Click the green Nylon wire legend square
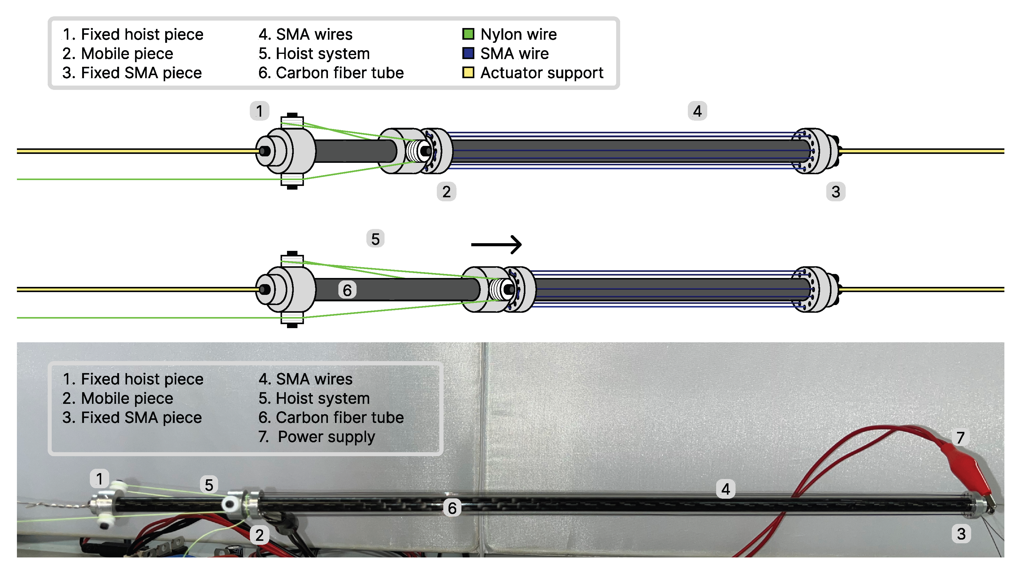[x=468, y=34]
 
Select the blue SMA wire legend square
[x=468, y=53]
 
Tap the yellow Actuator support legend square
[x=468, y=73]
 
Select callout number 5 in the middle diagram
[x=375, y=239]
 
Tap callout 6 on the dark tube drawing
[x=347, y=290]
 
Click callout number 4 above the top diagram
[x=697, y=111]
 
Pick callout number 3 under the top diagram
[x=836, y=192]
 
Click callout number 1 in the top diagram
[x=259, y=111]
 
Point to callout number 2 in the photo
[x=259, y=535]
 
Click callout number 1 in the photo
[x=99, y=478]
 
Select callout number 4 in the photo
[x=725, y=489]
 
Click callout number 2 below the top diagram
[x=446, y=192]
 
